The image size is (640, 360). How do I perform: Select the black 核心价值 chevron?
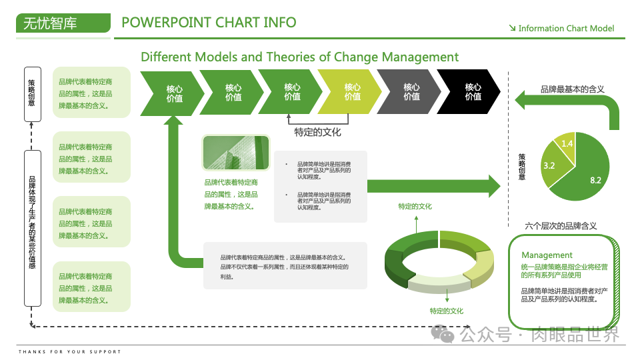point(473,92)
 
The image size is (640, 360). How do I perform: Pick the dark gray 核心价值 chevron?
point(411,92)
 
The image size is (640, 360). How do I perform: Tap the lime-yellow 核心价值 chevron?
point(352,92)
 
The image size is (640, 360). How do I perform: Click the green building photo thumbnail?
point(235,153)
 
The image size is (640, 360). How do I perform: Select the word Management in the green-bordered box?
point(547,255)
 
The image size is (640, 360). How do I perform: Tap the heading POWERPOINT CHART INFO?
point(209,23)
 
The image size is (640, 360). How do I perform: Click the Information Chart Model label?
point(566,29)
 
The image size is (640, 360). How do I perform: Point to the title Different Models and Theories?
point(299,57)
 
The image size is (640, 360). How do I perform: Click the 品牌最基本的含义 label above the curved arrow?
point(572,89)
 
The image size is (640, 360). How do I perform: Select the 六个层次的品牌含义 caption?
point(561,226)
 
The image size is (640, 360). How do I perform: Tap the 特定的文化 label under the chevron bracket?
point(317,132)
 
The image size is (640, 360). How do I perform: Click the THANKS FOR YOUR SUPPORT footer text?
point(70,351)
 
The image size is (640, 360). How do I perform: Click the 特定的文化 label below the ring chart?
point(446,311)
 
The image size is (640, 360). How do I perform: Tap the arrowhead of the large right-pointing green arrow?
point(492,185)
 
